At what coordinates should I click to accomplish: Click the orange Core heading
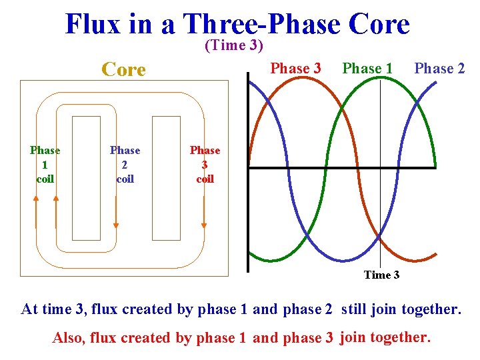[123, 69]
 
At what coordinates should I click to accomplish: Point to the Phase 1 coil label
[45, 165]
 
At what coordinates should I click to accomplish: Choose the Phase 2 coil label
[125, 165]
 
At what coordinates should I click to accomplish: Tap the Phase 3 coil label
[205, 165]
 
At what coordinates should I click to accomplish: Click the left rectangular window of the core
[86, 178]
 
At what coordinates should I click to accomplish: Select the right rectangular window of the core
[166, 178]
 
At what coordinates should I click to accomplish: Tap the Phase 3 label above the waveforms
[296, 69]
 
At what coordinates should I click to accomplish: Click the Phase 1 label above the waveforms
[367, 69]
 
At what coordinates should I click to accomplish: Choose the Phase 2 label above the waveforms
[439, 69]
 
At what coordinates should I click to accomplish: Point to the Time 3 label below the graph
[381, 275]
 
